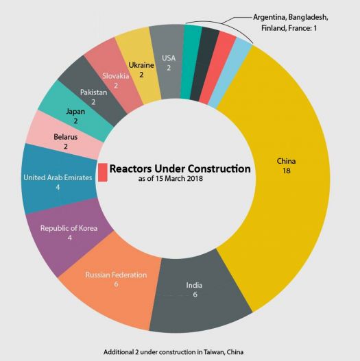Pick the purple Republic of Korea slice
click(67, 235)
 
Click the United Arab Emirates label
click(58, 177)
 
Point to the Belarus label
click(65, 137)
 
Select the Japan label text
click(75, 112)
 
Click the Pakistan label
click(93, 92)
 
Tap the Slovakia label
click(116, 76)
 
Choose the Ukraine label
click(141, 65)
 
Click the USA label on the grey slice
click(169, 58)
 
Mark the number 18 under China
click(286, 171)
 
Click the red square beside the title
click(103, 172)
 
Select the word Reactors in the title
click(131, 169)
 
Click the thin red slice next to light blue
click(219, 66)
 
